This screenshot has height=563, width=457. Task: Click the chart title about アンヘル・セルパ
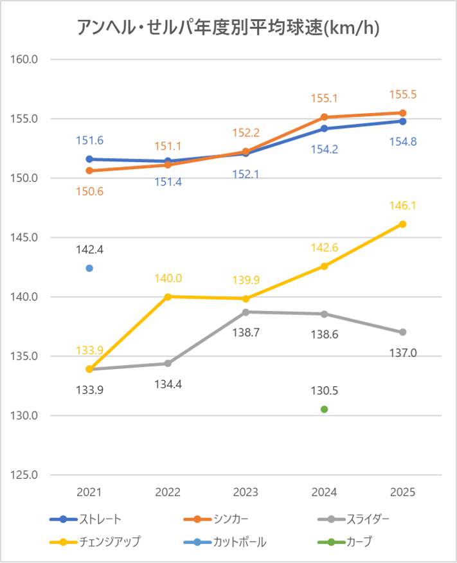[228, 28]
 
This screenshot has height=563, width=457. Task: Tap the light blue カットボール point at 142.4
[89, 268]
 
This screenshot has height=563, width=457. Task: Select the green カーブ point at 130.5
[324, 409]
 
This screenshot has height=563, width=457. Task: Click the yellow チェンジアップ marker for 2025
[403, 224]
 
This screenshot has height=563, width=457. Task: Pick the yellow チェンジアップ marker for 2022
[168, 296]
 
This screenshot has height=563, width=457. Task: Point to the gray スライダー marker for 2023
[246, 312]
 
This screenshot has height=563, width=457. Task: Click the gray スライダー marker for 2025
[403, 332]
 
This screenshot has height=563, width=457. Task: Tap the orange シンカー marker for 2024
[325, 117]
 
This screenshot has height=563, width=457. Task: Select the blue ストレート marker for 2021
[89, 159]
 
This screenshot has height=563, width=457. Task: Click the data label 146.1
[403, 206]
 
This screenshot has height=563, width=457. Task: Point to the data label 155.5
[403, 94]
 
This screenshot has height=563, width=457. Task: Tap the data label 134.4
[168, 384]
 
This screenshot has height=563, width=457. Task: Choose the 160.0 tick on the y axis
[26, 60]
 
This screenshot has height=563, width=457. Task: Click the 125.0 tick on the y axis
[26, 475]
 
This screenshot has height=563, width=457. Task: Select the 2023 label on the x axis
[246, 492]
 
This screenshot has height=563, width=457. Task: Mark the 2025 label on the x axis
[403, 492]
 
